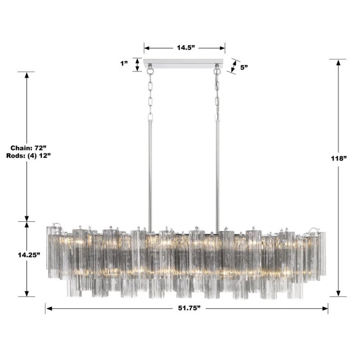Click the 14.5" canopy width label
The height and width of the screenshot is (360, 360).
coord(184,48)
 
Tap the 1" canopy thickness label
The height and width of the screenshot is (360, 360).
coord(125,64)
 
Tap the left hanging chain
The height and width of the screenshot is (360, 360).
coord(150,92)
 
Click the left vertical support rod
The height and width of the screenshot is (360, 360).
coord(150,171)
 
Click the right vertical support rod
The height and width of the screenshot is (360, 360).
coord(217,171)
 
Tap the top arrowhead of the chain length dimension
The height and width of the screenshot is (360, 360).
coord(27,75)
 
